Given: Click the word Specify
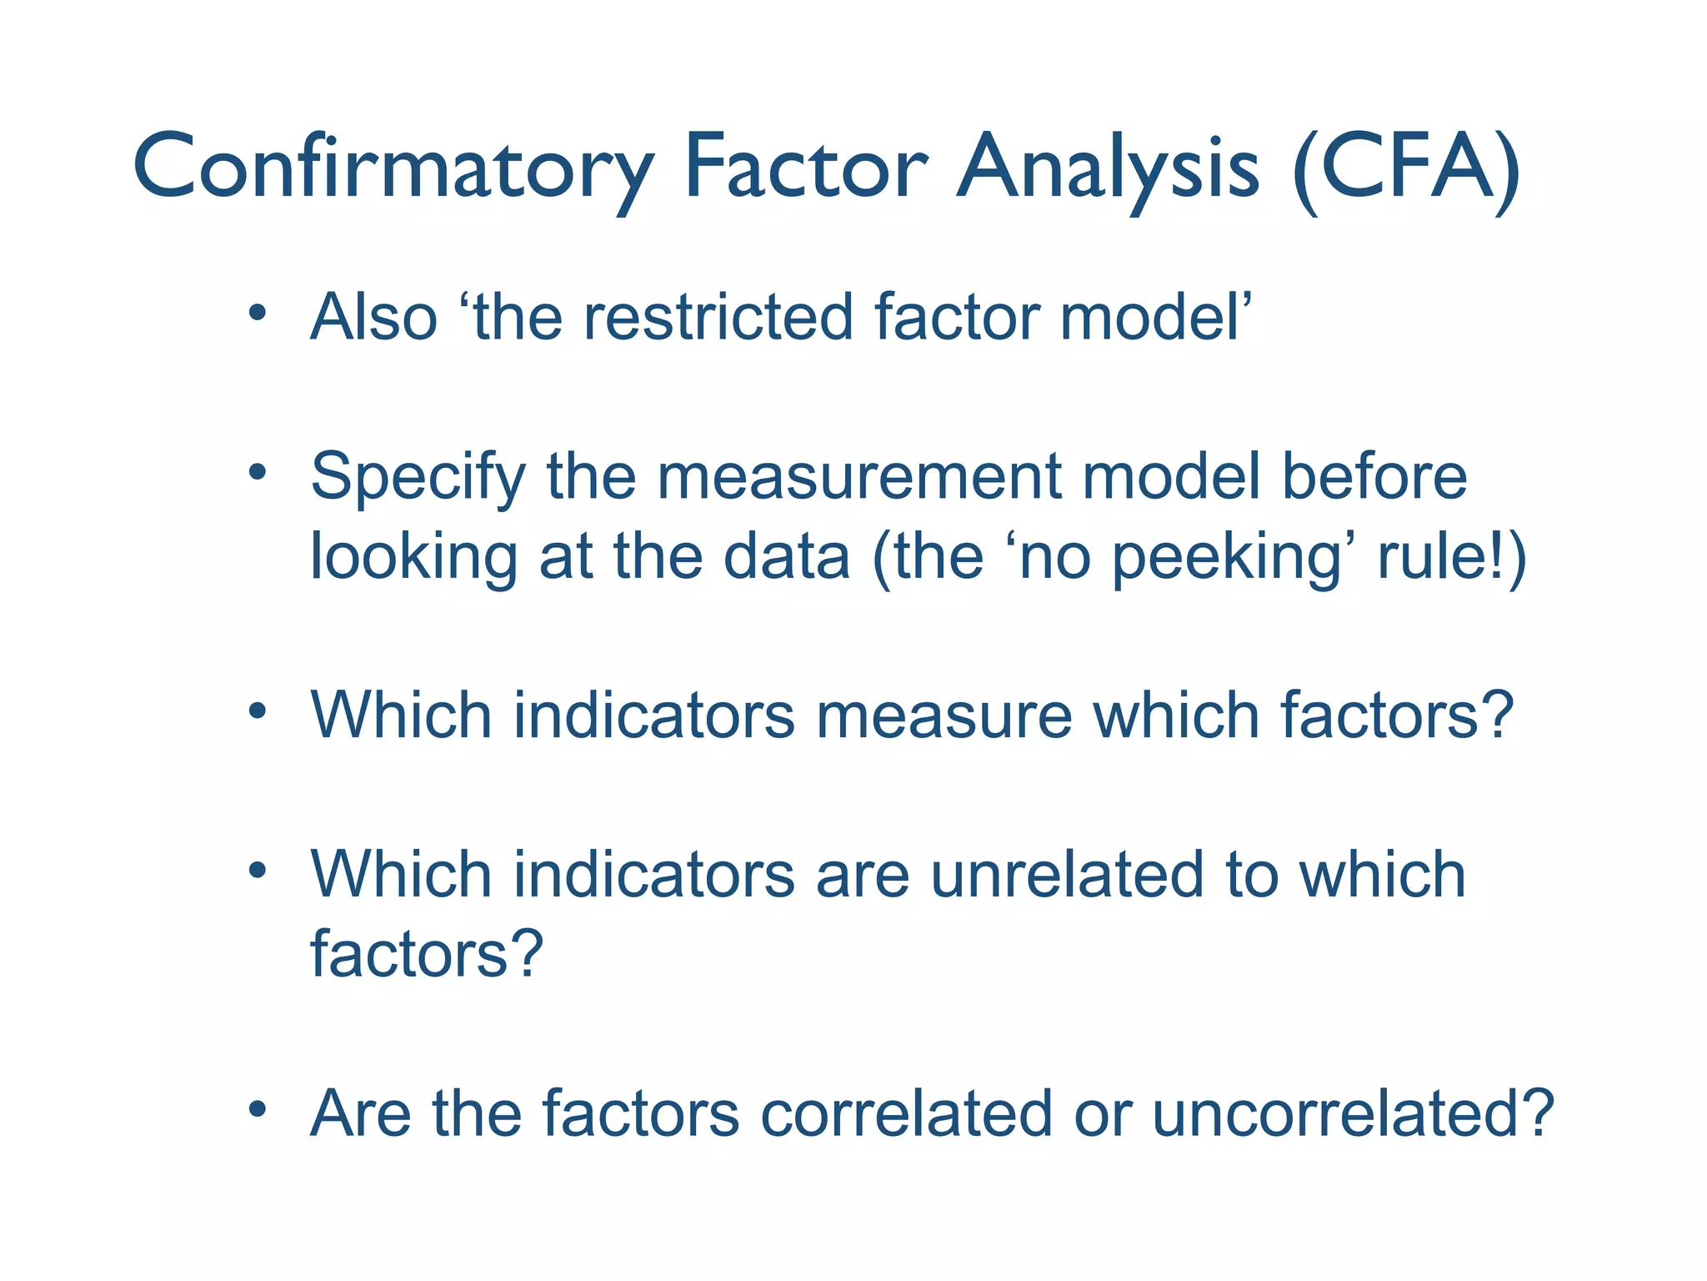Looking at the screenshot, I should point(418,478).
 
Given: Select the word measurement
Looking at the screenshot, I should point(859,476).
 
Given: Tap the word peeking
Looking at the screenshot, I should point(1225,558).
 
